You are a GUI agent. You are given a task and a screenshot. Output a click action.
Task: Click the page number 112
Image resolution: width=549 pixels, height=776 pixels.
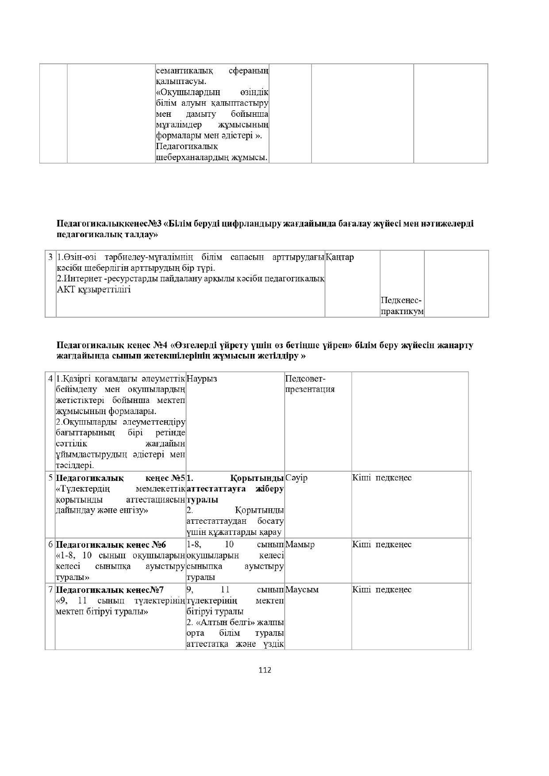[x=265, y=670]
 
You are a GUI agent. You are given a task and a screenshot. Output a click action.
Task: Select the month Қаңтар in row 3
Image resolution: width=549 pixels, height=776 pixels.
[x=340, y=257]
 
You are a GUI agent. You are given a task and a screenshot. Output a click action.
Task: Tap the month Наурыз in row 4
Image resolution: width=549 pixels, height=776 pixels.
[x=202, y=379]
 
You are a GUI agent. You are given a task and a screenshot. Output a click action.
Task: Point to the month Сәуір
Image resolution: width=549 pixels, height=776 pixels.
[x=296, y=478]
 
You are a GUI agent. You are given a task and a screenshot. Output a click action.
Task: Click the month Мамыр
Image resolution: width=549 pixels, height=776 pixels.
[x=299, y=544]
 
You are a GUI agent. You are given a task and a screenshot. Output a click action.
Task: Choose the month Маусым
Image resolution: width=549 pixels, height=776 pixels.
[x=302, y=589]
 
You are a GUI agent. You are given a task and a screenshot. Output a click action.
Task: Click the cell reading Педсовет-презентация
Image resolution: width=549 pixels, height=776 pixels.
[x=310, y=384]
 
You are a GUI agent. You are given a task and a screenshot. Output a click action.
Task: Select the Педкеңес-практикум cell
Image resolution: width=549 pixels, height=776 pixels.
[x=402, y=306]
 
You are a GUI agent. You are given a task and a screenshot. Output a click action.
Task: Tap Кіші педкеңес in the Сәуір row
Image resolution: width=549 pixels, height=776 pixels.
[x=382, y=478]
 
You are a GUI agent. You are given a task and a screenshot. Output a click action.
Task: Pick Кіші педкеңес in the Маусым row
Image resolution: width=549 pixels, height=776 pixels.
[x=382, y=589]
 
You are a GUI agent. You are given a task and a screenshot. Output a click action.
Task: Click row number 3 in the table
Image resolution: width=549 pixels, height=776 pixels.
[x=50, y=257]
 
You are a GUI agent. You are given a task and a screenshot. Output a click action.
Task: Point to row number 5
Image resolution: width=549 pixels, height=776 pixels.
[x=50, y=478]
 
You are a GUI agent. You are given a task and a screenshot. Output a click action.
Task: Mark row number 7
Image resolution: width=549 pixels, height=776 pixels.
[x=50, y=589]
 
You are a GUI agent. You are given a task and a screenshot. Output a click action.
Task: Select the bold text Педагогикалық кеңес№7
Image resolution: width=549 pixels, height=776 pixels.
[x=110, y=589]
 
